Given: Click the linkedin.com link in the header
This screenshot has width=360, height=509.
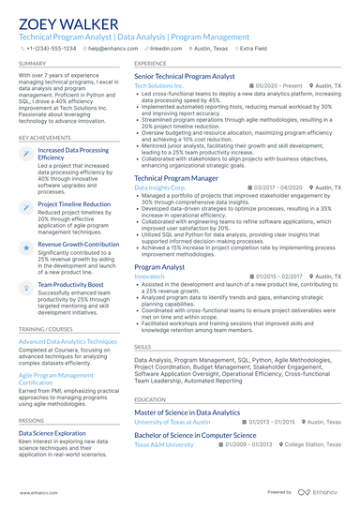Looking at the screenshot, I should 166,47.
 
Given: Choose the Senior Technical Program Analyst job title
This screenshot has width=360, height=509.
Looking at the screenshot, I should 184,75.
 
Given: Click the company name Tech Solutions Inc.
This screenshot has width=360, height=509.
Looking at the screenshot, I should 159,85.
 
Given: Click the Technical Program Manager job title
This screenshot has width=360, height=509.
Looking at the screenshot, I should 176,177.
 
